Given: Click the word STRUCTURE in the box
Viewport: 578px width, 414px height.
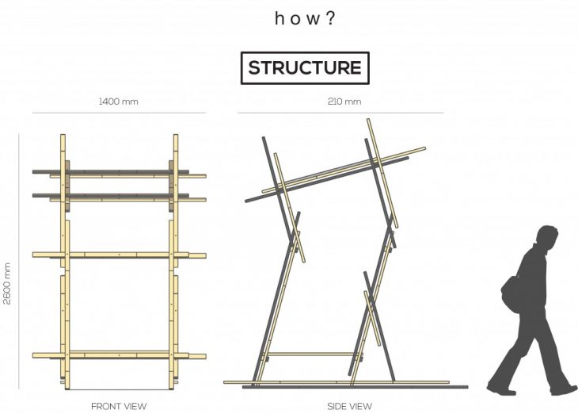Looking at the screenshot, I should (x=304, y=67).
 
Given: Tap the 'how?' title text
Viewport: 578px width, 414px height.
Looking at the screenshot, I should (x=305, y=17).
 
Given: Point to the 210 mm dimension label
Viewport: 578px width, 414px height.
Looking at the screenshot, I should (x=344, y=102).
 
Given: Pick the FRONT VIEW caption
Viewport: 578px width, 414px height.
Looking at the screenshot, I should (x=119, y=406).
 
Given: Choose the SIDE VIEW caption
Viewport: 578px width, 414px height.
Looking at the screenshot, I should (x=349, y=406).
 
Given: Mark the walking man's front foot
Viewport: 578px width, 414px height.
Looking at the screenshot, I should (x=564, y=389).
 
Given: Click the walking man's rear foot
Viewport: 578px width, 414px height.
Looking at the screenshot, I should (x=500, y=389).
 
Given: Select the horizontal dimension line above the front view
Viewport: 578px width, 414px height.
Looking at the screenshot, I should (x=119, y=113).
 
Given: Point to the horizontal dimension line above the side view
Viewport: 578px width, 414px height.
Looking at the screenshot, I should (x=340, y=113).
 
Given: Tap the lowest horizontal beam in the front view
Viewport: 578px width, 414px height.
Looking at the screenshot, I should (x=119, y=354).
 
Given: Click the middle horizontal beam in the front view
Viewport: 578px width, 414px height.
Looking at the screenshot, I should (x=119, y=255).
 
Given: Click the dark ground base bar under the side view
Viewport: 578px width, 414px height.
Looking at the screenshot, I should (x=356, y=387).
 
